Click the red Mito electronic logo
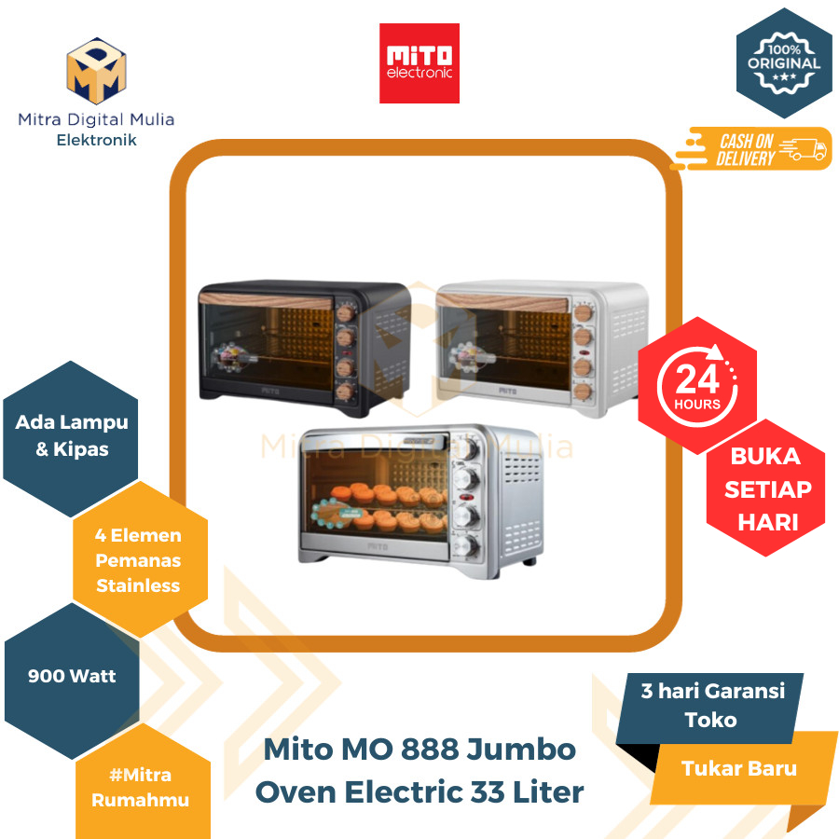click(419, 62)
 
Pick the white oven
click(543, 343)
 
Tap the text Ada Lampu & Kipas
click(72, 435)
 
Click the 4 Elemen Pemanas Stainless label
click(138, 560)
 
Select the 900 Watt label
click(72, 677)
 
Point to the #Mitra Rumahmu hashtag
click(138, 787)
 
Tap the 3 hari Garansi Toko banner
click(712, 705)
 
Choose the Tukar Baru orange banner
click(738, 769)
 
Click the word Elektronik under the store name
click(96, 140)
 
